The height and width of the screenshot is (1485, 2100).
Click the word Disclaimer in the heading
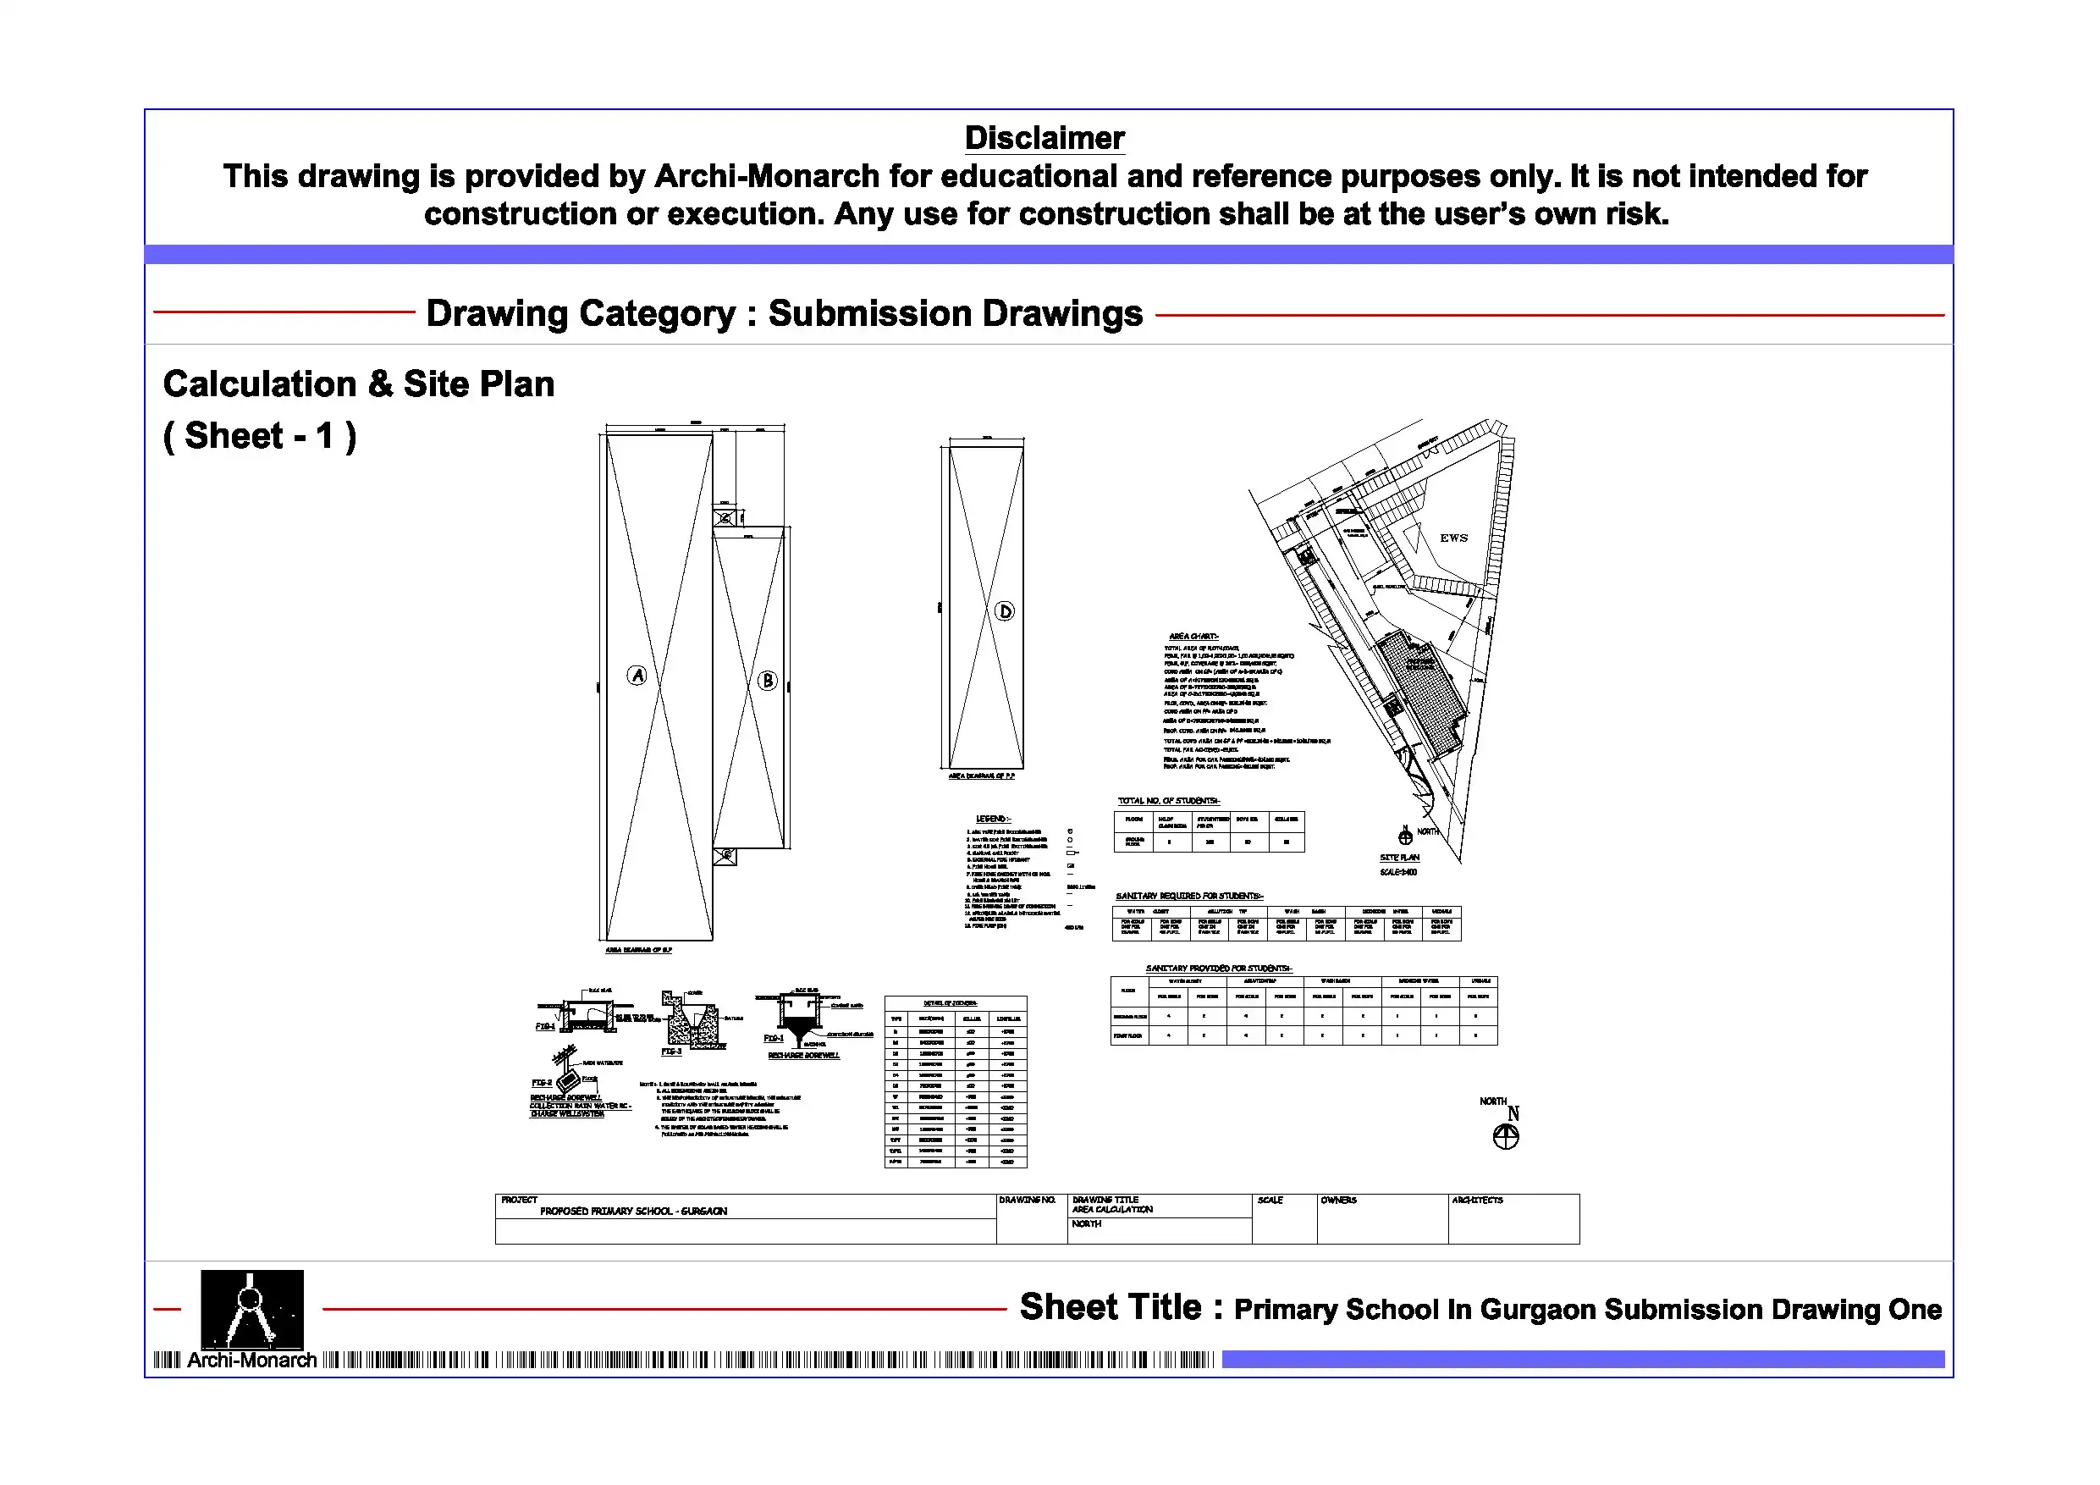(x=1044, y=138)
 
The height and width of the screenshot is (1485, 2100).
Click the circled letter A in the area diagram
(x=637, y=676)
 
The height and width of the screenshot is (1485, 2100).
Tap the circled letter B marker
(x=768, y=680)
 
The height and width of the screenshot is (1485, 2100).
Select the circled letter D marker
(x=1004, y=611)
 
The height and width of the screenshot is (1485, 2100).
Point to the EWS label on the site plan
(x=1453, y=538)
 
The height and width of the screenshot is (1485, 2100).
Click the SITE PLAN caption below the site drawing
(x=1399, y=858)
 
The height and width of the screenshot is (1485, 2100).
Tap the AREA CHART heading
(x=1193, y=636)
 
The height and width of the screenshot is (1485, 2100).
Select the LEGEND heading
(x=994, y=818)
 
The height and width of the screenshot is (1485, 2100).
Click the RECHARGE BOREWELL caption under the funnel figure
(x=803, y=1055)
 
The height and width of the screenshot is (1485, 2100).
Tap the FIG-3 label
(x=671, y=1052)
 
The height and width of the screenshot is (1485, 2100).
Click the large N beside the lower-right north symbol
(x=1513, y=1113)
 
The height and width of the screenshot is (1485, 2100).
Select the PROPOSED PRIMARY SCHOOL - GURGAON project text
(x=633, y=1212)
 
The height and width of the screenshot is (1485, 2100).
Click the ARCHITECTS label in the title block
(x=1477, y=1200)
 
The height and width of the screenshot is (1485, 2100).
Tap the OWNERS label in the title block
(x=1338, y=1200)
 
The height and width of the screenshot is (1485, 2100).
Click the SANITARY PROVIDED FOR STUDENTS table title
(x=1218, y=968)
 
